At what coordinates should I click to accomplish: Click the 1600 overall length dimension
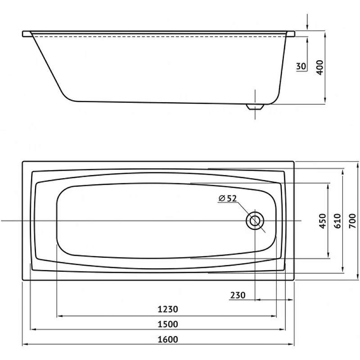[168, 339]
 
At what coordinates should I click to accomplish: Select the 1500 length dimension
[168, 324]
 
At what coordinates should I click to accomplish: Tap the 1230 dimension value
[168, 309]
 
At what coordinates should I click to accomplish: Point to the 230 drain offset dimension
[238, 295]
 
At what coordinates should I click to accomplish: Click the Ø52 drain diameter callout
[228, 198]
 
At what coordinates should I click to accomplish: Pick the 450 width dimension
[323, 221]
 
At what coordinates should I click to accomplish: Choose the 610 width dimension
[337, 221]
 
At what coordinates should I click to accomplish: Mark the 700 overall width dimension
[352, 221]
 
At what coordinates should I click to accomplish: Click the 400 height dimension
[319, 67]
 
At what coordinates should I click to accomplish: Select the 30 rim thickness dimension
[301, 66]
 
